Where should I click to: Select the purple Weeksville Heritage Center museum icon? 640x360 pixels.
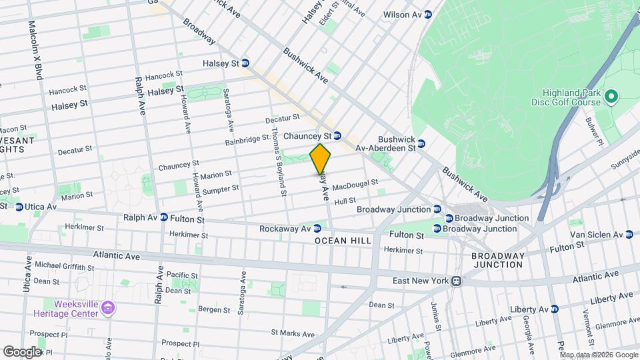[109, 308]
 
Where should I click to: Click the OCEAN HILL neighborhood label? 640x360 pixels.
[340, 240]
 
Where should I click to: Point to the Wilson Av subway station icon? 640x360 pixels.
[427, 14]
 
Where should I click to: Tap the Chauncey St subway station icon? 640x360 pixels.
[337, 135]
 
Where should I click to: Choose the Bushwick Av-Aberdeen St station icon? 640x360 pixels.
[421, 143]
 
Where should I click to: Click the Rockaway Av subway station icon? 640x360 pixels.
[317, 229]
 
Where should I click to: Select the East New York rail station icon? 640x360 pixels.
[456, 281]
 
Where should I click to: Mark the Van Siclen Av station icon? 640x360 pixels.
[629, 234]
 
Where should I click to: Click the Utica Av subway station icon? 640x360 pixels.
[19, 207]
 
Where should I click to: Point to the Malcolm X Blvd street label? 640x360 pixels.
[34, 50]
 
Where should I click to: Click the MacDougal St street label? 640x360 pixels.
[355, 183]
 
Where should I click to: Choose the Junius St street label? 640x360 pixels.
[436, 317]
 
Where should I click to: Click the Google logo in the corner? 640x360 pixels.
[22, 351]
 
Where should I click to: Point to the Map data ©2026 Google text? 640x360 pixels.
[599, 355]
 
